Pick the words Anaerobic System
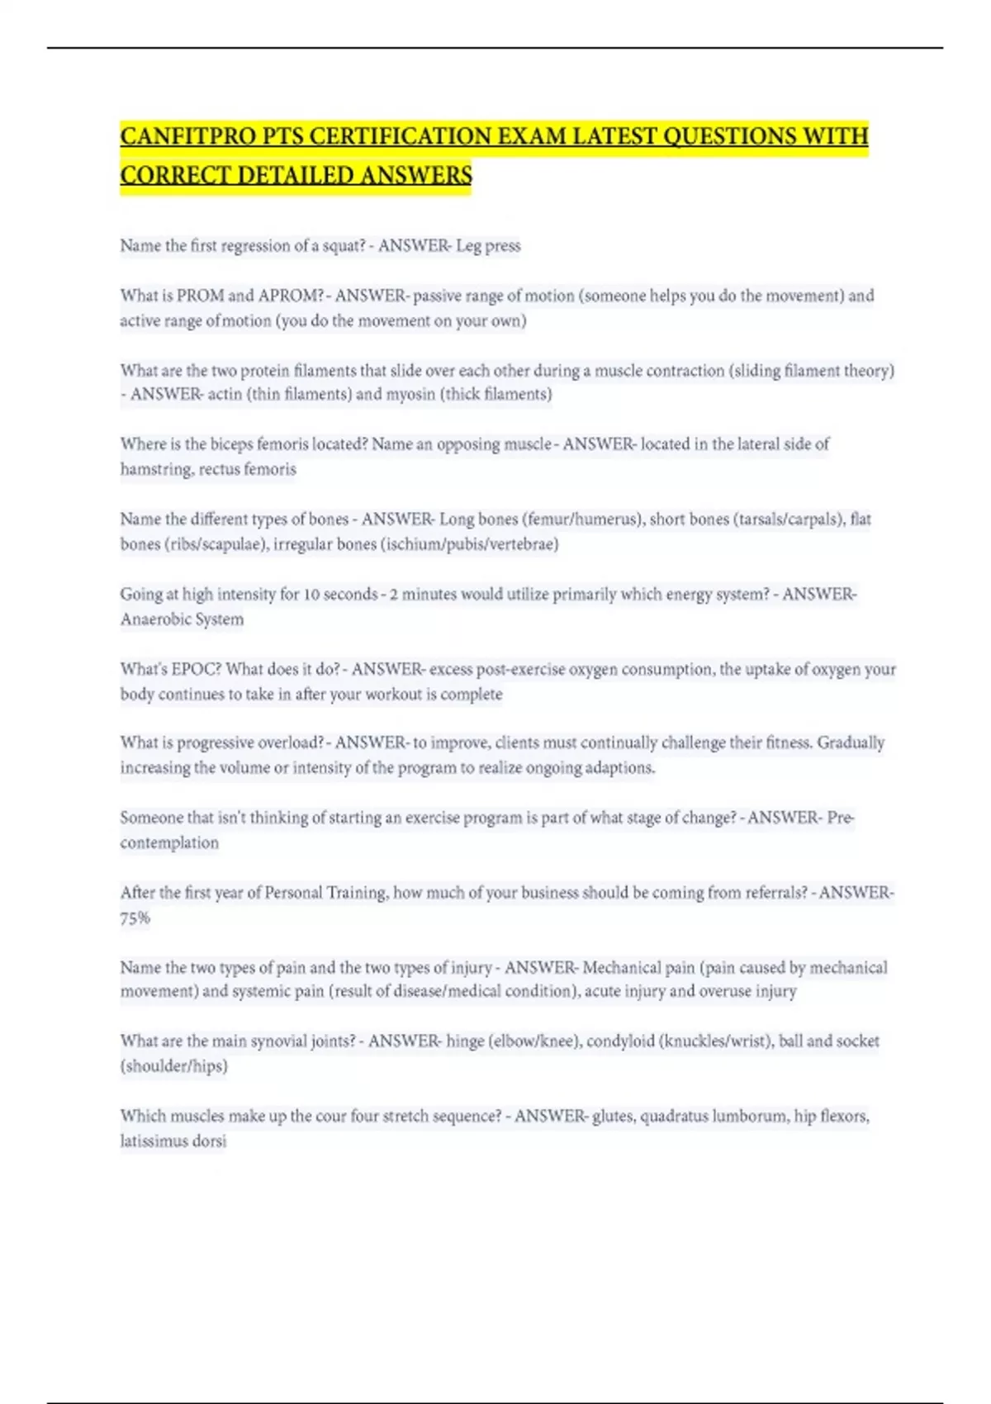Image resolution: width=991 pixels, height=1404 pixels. tap(182, 619)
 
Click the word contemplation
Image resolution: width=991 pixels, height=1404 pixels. tap(169, 843)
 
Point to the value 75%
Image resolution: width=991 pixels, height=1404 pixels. tap(135, 918)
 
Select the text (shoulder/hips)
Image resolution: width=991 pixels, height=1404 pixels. tap(173, 1066)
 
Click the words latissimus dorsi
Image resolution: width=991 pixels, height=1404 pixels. tap(173, 1141)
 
